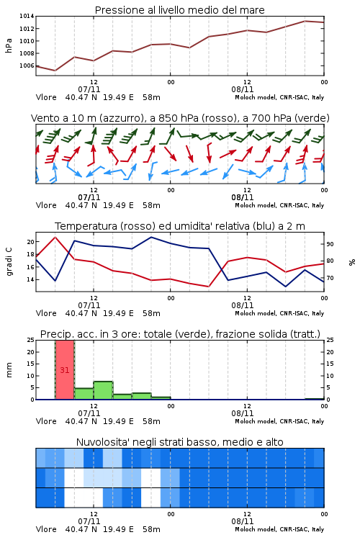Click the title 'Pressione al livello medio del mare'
point(179,10)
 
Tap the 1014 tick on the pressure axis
point(27,16)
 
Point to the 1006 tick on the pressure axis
point(27,66)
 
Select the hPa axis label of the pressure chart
point(9,45)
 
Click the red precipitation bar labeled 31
point(65,370)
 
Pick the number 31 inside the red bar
point(65,370)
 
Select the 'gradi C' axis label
point(9,262)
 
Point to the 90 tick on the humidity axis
point(330,244)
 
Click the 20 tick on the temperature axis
point(31,242)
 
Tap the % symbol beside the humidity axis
point(352,262)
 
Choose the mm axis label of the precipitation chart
point(9,370)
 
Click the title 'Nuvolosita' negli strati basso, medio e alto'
point(179,442)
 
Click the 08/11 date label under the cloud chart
point(242,521)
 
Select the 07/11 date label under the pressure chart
point(89,89)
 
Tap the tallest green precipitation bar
point(104,390)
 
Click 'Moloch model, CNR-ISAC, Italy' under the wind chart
point(279,205)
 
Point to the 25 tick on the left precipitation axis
point(31,340)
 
